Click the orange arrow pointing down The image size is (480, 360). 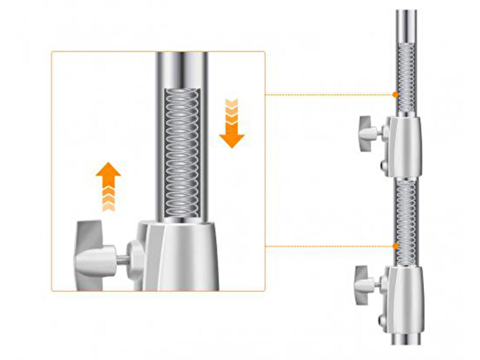coord(232,128)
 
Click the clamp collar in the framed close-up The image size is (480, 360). coord(181,256)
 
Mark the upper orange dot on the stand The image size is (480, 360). coord(395,95)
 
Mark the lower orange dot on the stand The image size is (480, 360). coord(395,246)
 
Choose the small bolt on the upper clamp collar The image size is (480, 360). coord(386,166)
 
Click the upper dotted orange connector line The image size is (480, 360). coord(328,95)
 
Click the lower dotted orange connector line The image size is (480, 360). coord(328,246)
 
